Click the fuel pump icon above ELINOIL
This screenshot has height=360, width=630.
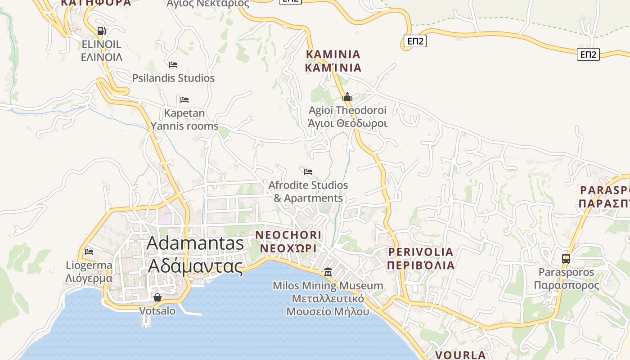coord(102,31)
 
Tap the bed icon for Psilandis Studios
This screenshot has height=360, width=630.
coord(173,65)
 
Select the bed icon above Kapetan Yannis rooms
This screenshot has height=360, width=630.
coord(184,99)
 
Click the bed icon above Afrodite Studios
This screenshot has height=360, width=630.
coord(308,171)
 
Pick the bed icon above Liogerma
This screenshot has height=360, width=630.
coord(89,252)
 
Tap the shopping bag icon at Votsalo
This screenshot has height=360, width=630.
coord(157,297)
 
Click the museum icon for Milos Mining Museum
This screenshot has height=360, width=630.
coord(328,272)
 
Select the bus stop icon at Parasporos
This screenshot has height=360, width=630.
coord(566,259)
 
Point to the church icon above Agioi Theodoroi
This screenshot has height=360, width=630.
coord(347,97)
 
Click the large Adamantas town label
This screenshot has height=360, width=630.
coord(195,254)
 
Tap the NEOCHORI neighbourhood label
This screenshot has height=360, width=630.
coord(288,242)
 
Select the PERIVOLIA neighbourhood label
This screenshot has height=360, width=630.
coord(420,258)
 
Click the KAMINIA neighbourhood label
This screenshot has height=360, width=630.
coord(333,61)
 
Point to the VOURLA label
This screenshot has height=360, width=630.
coord(460,355)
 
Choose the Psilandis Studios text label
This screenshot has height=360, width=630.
coord(173,78)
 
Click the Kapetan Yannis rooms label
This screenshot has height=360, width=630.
coord(184,120)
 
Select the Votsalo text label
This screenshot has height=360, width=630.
coord(157,311)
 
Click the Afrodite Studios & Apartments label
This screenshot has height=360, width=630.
coord(308,192)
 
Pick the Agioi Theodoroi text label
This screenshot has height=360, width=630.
coord(347,117)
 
